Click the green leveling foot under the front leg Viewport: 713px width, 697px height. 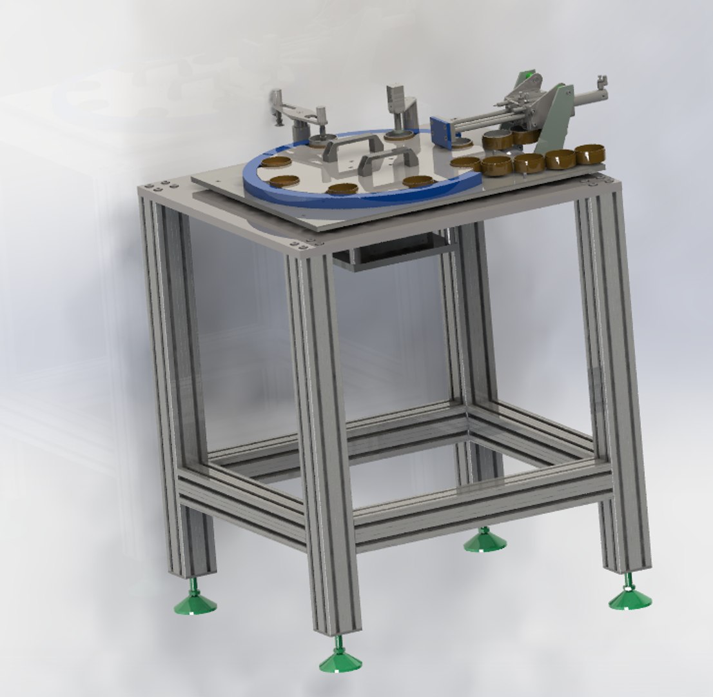pyautogui.click(x=340, y=660)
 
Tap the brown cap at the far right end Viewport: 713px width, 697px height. pyautogui.click(x=589, y=154)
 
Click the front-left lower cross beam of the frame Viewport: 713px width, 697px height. pyautogui.click(x=242, y=501)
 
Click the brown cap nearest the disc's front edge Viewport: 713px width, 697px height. pyautogui.click(x=342, y=189)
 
